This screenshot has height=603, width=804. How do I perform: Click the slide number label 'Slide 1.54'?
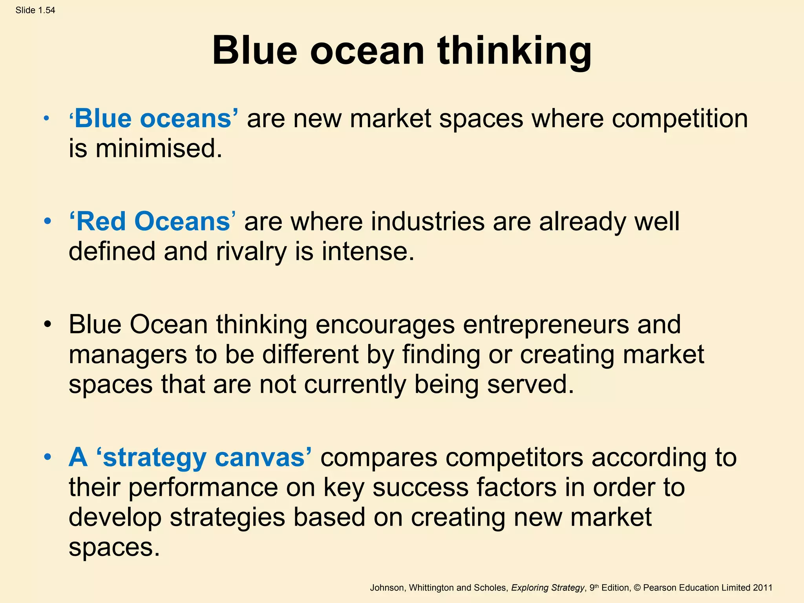pos(35,10)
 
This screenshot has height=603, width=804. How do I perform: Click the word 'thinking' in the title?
pos(514,51)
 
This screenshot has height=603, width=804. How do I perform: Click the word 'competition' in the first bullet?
pos(680,119)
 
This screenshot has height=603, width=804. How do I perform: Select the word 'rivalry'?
pos(251,251)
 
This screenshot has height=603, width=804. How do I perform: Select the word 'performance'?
pos(222,488)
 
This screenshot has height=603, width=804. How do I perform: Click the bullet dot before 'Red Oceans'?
pos(48,222)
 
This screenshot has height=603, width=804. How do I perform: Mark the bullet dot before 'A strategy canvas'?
pos(48,458)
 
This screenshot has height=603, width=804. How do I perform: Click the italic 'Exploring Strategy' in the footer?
pos(548,588)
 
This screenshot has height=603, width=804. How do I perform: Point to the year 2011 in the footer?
pos(762,588)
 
